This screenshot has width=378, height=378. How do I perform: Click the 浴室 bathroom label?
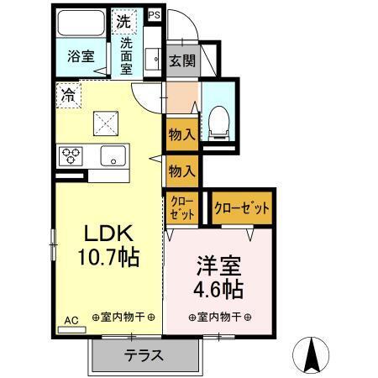click(x=81, y=57)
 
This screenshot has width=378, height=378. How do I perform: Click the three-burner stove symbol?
click(x=70, y=155)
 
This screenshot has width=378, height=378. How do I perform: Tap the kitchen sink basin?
click(x=113, y=155)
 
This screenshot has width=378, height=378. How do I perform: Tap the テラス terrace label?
click(x=144, y=354)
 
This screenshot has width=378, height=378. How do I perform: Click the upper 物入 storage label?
click(x=181, y=134)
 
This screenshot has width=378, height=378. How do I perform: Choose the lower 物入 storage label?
click(x=181, y=171)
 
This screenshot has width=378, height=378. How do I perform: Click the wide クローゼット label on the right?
click(x=242, y=207)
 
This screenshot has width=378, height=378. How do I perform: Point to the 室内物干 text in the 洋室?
click(x=220, y=318)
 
